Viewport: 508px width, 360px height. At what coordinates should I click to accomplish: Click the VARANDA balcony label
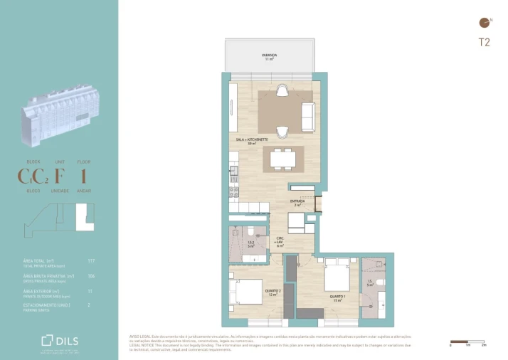[269, 56]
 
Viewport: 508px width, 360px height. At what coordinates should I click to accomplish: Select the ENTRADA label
[297, 203]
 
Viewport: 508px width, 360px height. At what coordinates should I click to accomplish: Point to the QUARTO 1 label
[338, 298]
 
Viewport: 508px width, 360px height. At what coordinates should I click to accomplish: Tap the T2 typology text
[484, 43]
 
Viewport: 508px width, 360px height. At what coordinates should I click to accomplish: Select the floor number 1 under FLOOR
[83, 176]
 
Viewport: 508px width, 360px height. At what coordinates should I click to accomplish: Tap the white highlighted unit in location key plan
[83, 214]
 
